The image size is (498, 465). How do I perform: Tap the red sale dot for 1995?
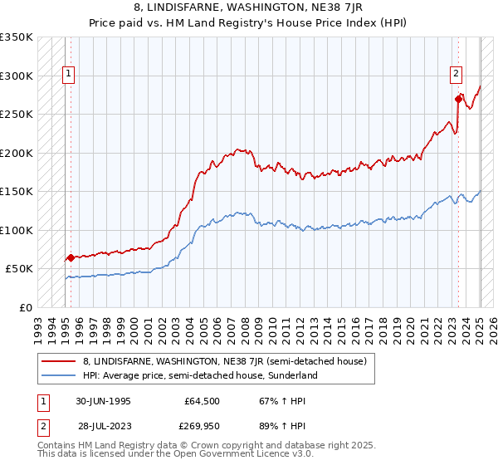(x=71, y=257)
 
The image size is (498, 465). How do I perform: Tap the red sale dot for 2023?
(x=458, y=99)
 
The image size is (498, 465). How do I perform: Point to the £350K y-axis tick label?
(x=17, y=37)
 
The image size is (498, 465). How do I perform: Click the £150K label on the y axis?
(x=17, y=191)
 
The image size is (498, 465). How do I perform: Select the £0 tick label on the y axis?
(x=26, y=307)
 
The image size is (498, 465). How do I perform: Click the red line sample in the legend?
(x=58, y=361)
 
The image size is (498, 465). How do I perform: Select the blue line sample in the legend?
(x=58, y=375)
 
